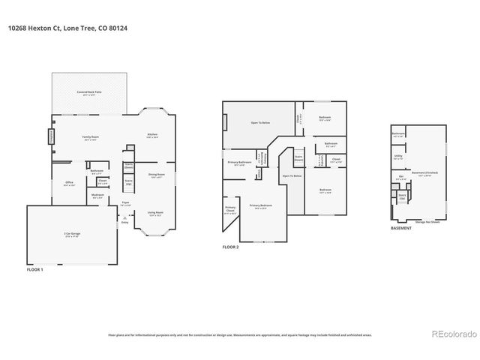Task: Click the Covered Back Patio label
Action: pos(89,93)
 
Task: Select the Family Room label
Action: pos(90,136)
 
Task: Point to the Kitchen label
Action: pos(152,136)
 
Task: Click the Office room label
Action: pos(69,183)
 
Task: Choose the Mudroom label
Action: pos(97,196)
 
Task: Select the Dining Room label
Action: pos(157,175)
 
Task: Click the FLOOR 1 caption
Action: pos(35,268)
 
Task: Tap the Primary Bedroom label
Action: pos(260,205)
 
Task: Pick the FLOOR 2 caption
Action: pos(231,247)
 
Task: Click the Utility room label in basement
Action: pos(398,157)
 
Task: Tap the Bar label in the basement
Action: pos(401,178)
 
